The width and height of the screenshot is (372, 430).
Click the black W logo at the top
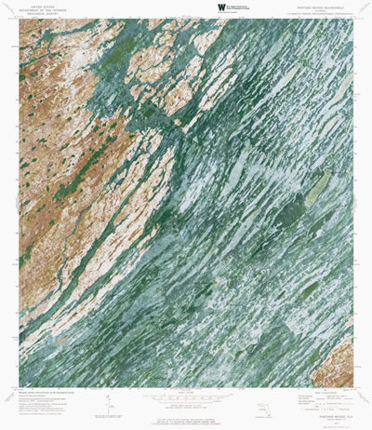point(220,9)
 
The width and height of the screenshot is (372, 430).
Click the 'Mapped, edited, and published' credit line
point(46,390)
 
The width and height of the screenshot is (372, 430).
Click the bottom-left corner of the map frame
point(20,385)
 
